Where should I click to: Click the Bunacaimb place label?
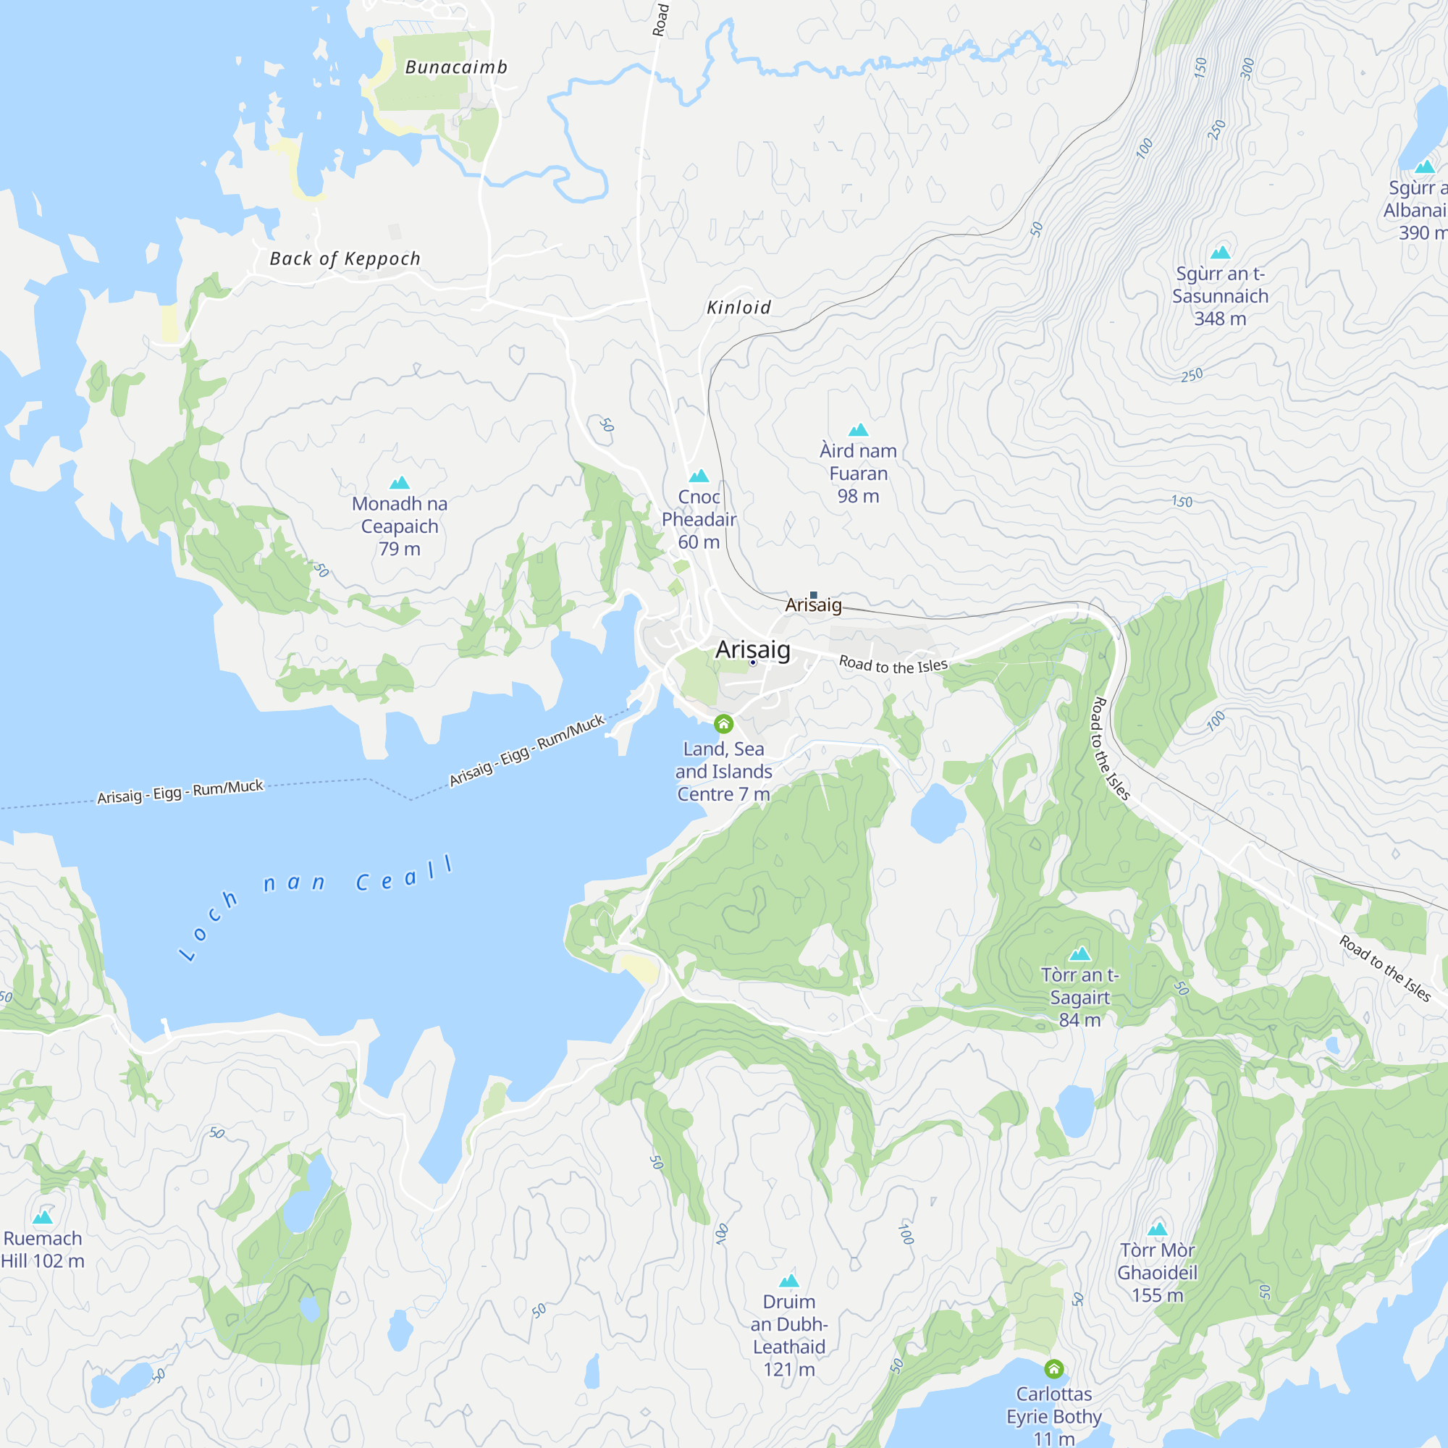click(x=455, y=67)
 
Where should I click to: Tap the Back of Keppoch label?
click(x=345, y=258)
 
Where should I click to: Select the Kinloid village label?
click(x=738, y=307)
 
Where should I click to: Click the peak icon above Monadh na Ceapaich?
click(x=400, y=483)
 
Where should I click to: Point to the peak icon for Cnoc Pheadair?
click(x=699, y=476)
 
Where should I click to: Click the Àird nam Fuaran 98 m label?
click(x=858, y=473)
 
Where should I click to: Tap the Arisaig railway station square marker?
click(x=813, y=595)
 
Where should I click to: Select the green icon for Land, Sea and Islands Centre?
click(x=723, y=723)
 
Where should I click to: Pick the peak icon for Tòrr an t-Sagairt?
click(x=1079, y=954)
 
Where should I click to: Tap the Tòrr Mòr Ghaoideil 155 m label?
click(x=1157, y=1272)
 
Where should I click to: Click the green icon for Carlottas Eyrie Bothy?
click(x=1053, y=1369)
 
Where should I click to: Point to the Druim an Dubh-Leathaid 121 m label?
click(x=788, y=1335)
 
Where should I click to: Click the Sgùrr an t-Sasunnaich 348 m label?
click(x=1219, y=296)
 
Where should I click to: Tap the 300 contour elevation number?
click(x=1247, y=69)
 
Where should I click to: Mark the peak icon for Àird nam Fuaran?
click(x=858, y=430)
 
